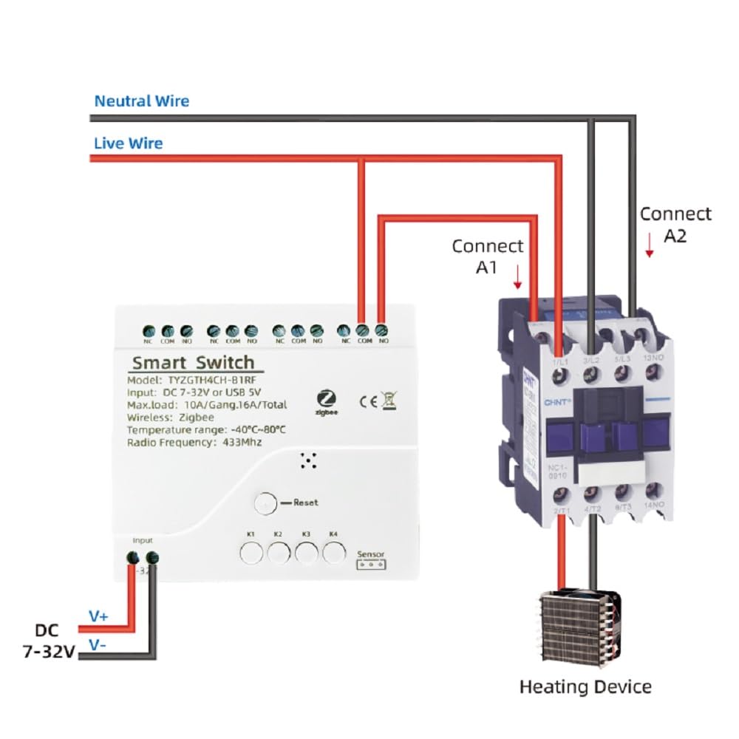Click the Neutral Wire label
[141, 101]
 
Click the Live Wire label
[129, 143]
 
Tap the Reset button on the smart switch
[264, 503]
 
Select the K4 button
[334, 551]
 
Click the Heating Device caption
[585, 687]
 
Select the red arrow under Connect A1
[518, 277]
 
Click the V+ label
[98, 616]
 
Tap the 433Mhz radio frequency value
[238, 442]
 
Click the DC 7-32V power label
[49, 641]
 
